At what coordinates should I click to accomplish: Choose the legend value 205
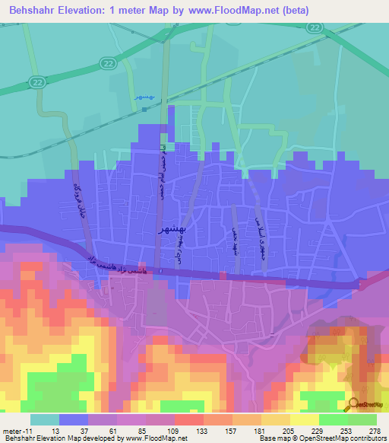click(x=289, y=431)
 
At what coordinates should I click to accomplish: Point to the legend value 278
click(x=375, y=431)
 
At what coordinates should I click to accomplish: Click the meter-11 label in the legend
click(x=16, y=431)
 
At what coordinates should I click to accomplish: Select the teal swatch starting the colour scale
click(x=44, y=419)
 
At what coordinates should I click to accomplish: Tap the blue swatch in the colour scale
click(x=74, y=419)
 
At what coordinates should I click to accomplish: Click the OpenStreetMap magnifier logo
click(x=353, y=404)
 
